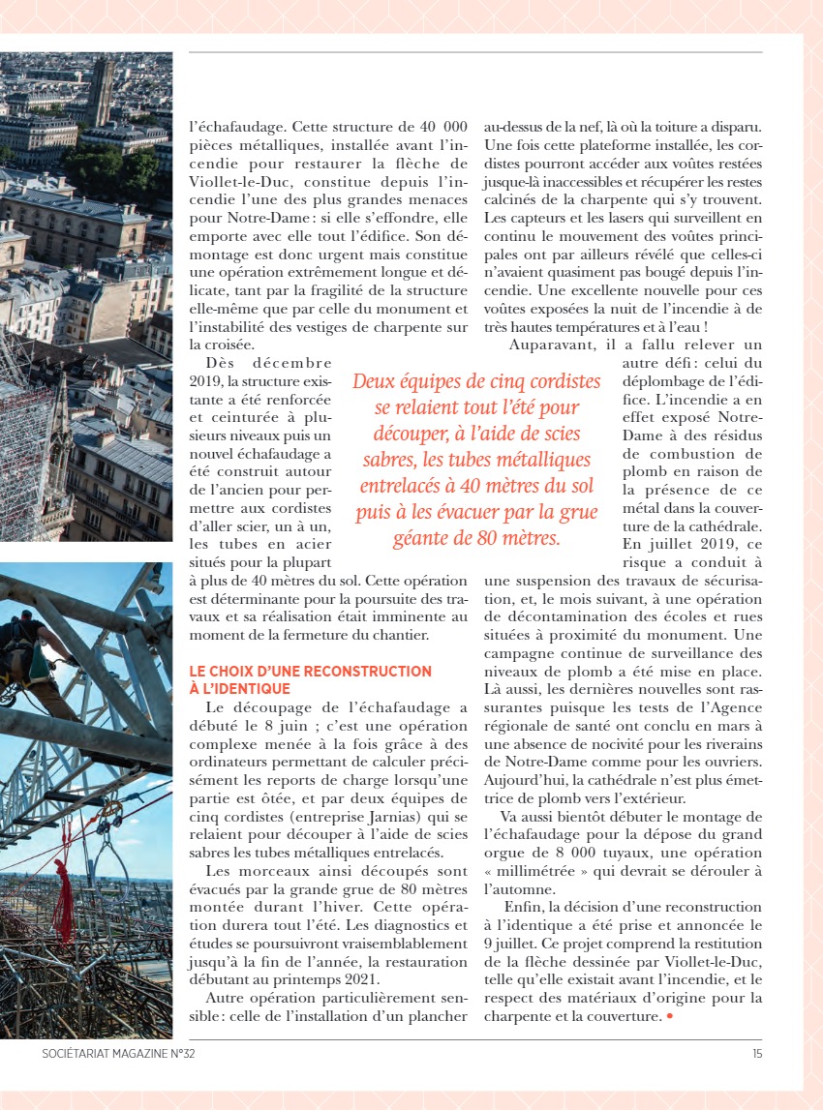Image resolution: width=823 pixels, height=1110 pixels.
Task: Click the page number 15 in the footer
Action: coord(755,1054)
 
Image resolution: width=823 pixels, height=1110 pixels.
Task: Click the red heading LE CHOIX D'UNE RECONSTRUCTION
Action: coord(311,671)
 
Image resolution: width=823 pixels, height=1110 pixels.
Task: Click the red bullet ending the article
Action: coord(668,1017)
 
